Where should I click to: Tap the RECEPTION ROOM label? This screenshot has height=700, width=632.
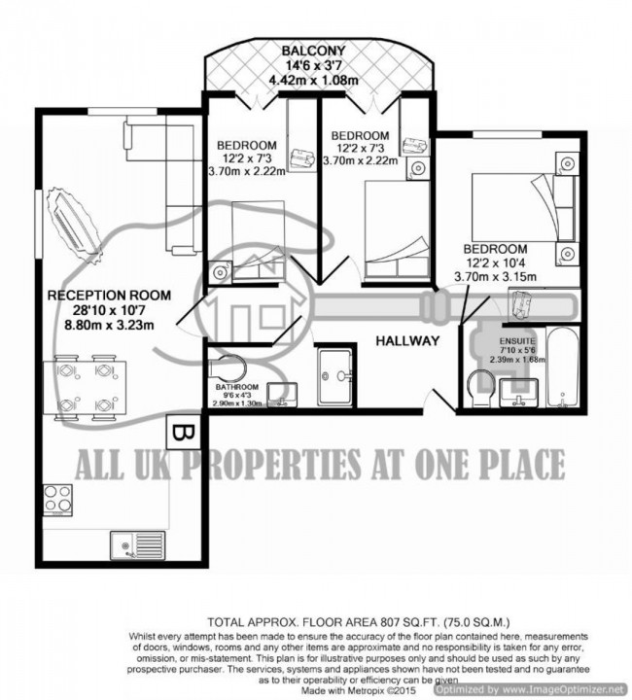coord(109,295)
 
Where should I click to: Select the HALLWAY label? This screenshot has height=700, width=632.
coord(408,340)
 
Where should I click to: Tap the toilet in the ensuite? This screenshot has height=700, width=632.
coord(478,386)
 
